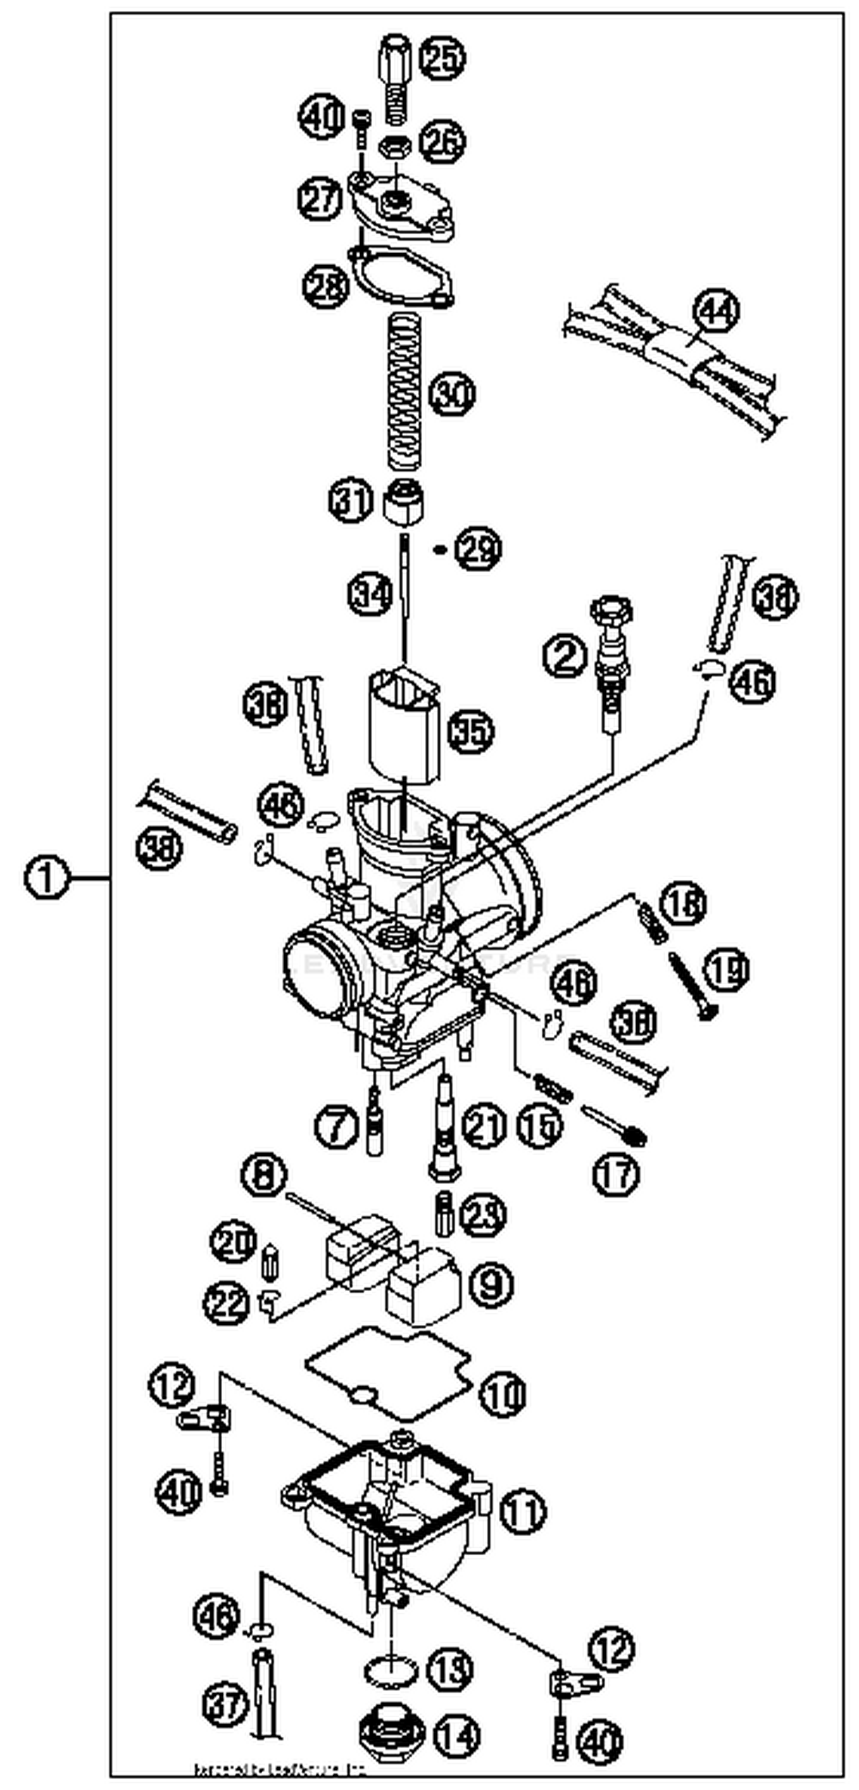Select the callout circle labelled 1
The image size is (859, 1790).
coord(46,878)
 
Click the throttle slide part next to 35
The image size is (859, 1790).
coord(403,723)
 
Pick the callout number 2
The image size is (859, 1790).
coord(564,655)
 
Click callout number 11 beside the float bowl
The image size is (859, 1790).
coord(523,1510)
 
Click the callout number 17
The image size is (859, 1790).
coord(616,1174)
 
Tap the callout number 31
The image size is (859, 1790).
coord(351,500)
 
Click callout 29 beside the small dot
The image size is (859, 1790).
coord(478,550)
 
